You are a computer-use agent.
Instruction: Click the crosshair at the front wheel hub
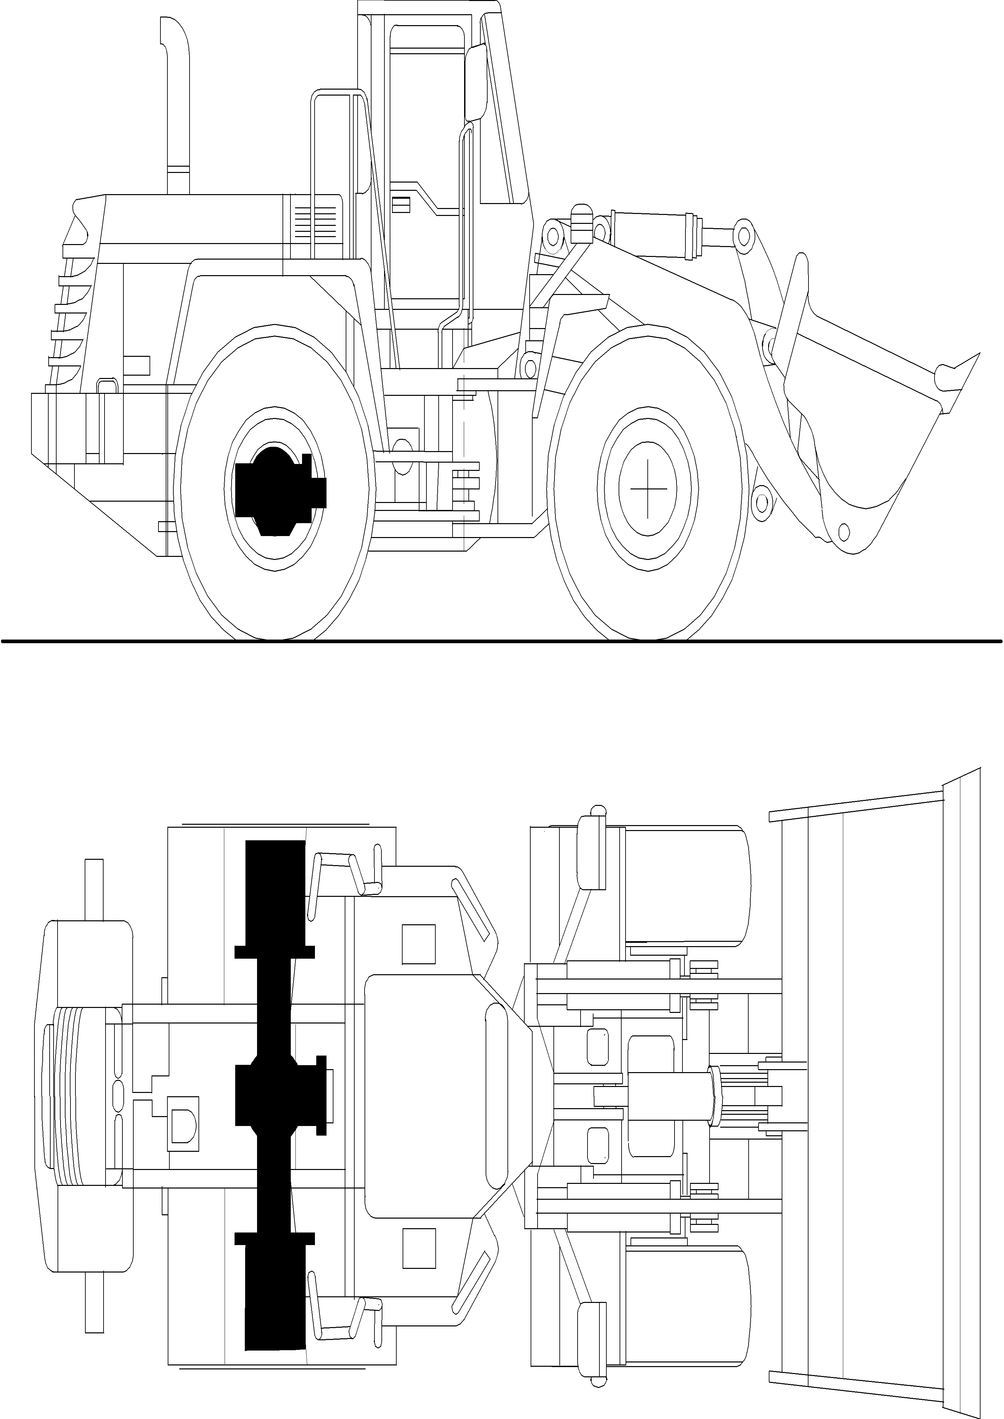click(648, 488)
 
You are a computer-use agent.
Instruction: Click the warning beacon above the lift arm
click(581, 223)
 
